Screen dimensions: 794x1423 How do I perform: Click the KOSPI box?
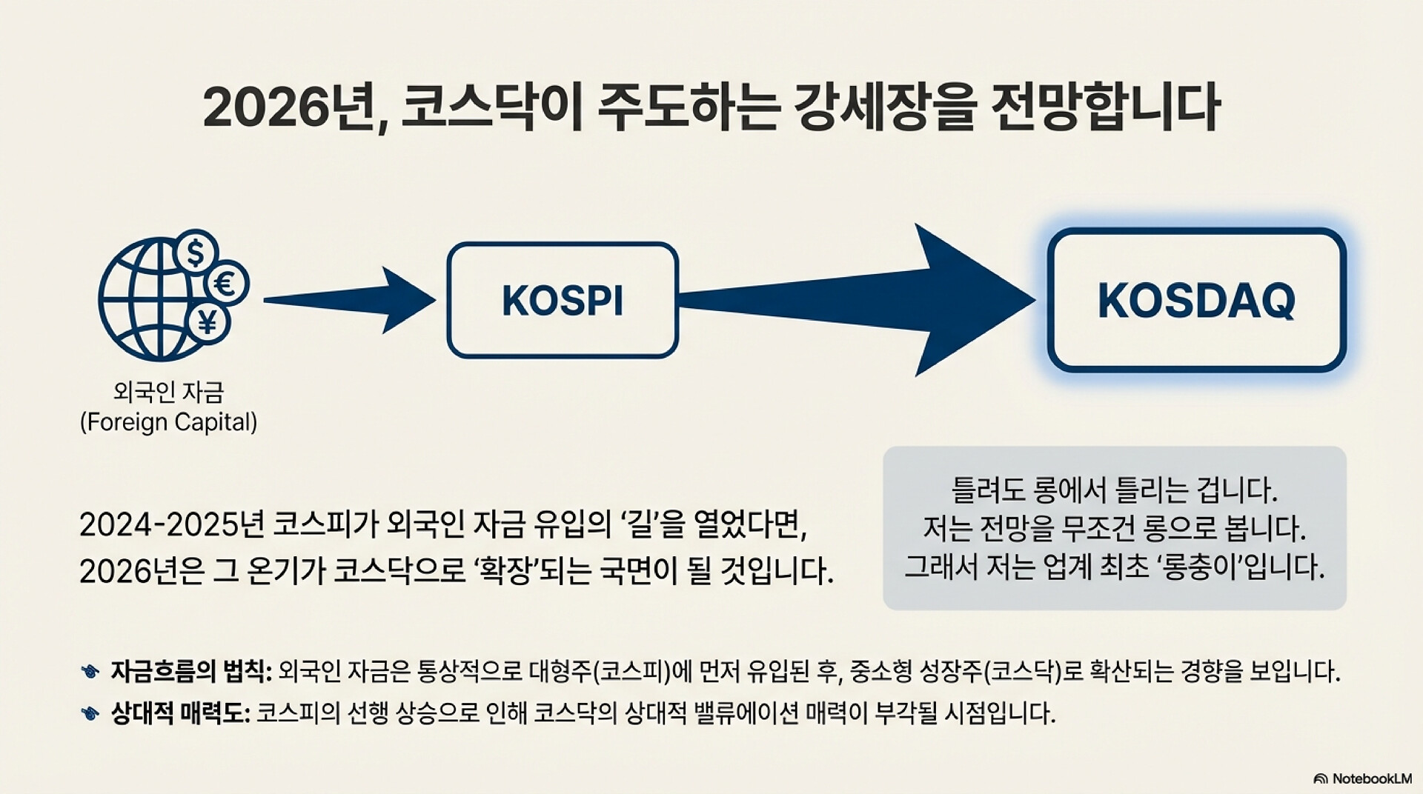click(x=563, y=300)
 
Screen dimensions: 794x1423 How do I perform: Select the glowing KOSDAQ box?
click(x=1196, y=300)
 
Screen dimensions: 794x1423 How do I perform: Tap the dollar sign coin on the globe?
click(x=196, y=253)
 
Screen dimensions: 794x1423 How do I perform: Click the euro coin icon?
click(x=226, y=284)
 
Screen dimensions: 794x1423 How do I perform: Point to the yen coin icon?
click(x=208, y=321)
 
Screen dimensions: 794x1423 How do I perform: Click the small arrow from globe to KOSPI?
click(x=348, y=300)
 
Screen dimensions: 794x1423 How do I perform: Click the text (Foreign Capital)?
click(x=169, y=422)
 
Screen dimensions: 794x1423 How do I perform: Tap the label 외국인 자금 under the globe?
click(x=169, y=392)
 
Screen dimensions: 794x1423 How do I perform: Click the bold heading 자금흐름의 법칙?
click(x=191, y=672)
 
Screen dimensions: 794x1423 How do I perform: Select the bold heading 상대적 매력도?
click(x=180, y=714)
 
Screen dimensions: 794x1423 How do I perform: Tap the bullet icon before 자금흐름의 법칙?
click(x=90, y=672)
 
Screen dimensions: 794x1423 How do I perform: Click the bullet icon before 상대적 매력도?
click(x=90, y=714)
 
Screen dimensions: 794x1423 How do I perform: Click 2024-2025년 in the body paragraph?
click(x=171, y=525)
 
